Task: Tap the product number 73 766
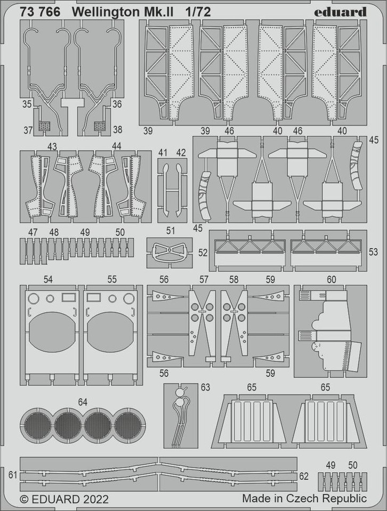(38, 12)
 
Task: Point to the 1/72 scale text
(198, 12)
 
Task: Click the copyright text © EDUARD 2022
(64, 499)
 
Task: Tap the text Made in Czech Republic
(304, 499)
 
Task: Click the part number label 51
(171, 231)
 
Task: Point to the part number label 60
(331, 279)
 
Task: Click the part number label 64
(82, 402)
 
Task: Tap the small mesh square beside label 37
(45, 127)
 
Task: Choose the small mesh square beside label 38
(100, 127)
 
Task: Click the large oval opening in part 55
(112, 332)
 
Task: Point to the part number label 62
(304, 475)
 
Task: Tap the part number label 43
(52, 145)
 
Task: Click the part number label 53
(373, 252)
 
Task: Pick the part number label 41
(163, 153)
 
